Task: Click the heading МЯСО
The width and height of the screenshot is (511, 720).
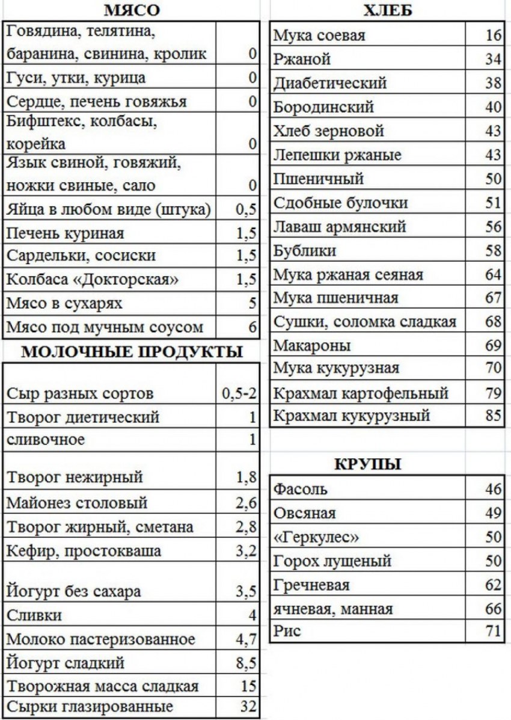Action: [x=132, y=10]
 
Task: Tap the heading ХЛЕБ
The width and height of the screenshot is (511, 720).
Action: [x=388, y=10]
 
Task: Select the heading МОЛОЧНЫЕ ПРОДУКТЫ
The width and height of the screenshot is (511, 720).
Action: [x=132, y=352]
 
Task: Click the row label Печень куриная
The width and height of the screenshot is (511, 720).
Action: [x=66, y=233]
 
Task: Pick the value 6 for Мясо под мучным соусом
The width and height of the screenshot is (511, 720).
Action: [x=252, y=328]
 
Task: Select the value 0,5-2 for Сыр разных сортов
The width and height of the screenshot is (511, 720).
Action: [x=239, y=394]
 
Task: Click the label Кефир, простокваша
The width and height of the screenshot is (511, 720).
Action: [x=84, y=551]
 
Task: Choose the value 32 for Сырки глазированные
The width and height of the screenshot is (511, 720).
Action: [x=248, y=706]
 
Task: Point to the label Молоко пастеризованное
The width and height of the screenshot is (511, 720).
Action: [x=100, y=639]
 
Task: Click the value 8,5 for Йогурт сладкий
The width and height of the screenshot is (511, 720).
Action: [x=246, y=663]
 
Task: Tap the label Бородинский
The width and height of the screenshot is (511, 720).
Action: [x=323, y=108]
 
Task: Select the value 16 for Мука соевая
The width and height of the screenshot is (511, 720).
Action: [x=494, y=36]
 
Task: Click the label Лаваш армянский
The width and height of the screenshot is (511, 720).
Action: [x=340, y=227]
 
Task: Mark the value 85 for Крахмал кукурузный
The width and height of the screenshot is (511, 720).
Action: [x=494, y=416]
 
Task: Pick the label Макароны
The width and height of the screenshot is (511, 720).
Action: [x=312, y=345]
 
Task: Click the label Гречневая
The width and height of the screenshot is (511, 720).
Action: [x=311, y=585]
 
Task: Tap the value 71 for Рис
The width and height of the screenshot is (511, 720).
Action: [x=494, y=632]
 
